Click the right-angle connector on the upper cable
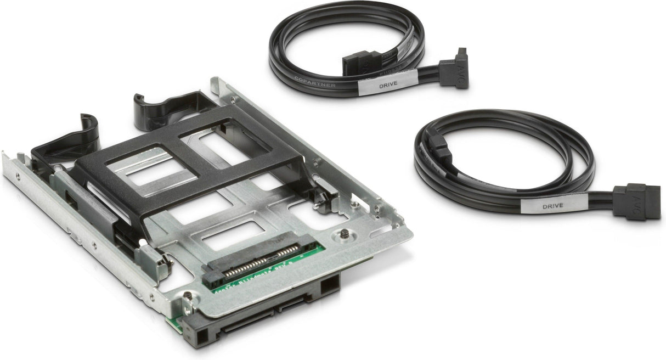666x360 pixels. [x=454, y=69]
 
